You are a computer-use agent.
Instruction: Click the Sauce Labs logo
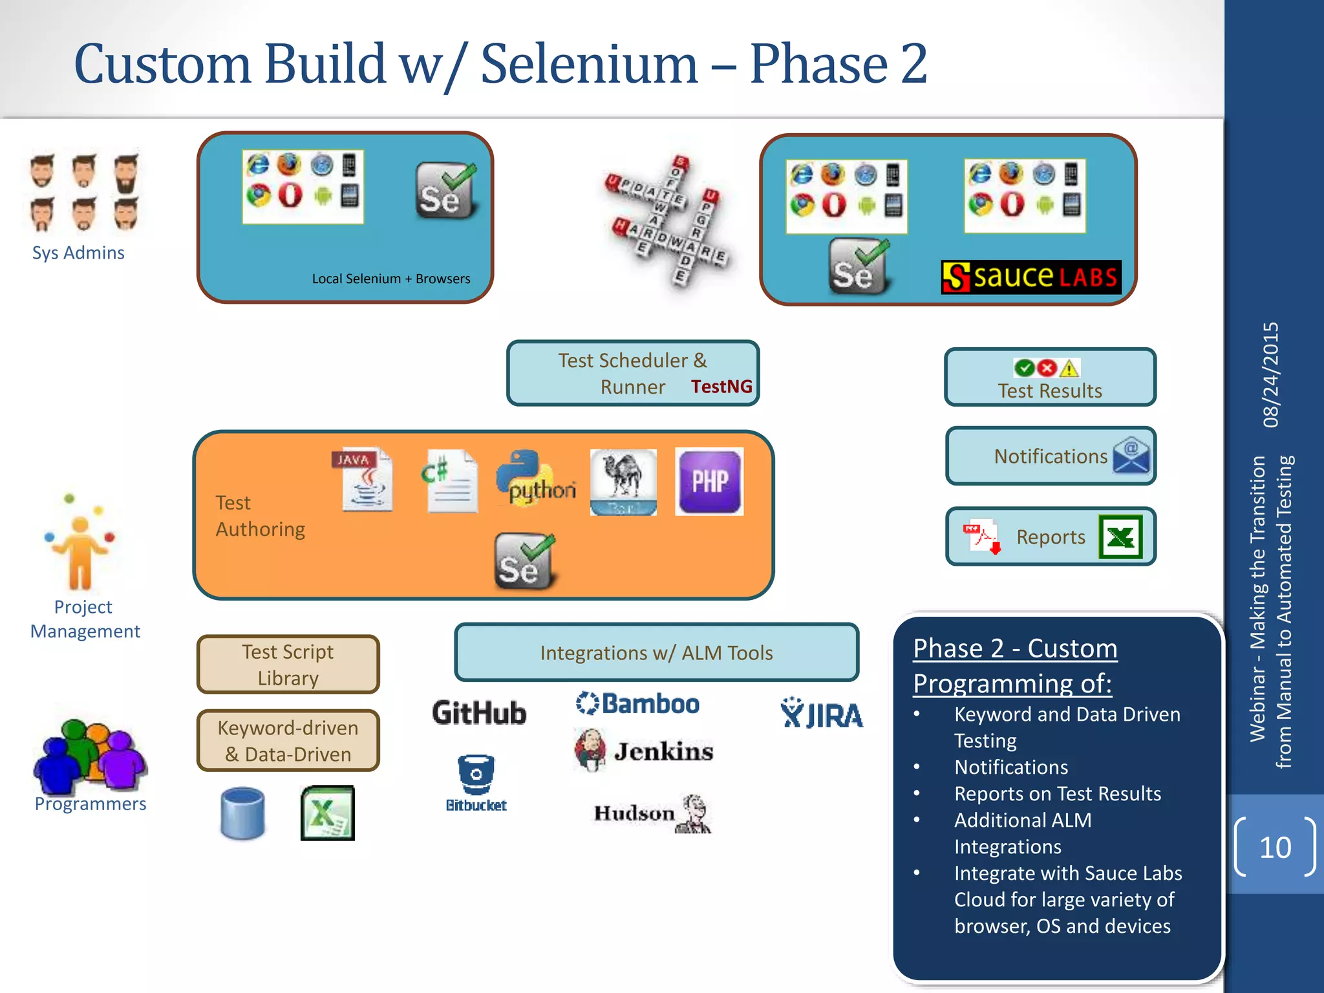click(1030, 277)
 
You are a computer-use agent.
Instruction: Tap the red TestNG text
click(721, 387)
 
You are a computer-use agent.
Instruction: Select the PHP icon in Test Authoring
click(709, 482)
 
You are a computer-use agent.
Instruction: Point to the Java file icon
click(363, 480)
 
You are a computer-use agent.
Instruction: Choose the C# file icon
click(451, 481)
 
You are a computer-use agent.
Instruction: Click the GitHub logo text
click(479, 713)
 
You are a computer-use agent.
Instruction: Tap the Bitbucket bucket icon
click(476, 774)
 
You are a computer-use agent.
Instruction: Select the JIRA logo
click(822, 714)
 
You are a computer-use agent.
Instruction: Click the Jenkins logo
click(644, 751)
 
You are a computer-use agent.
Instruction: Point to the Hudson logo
click(652, 813)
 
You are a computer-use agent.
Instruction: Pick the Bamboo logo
click(637, 703)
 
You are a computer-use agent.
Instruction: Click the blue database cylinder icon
click(242, 813)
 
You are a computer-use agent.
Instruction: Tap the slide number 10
click(1275, 848)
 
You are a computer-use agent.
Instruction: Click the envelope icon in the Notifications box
click(1131, 456)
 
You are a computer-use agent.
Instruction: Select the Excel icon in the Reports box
click(1120, 537)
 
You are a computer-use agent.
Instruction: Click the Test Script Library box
click(288, 665)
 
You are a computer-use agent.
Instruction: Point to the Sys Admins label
click(78, 253)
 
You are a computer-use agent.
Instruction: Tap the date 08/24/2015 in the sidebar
click(1271, 375)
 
